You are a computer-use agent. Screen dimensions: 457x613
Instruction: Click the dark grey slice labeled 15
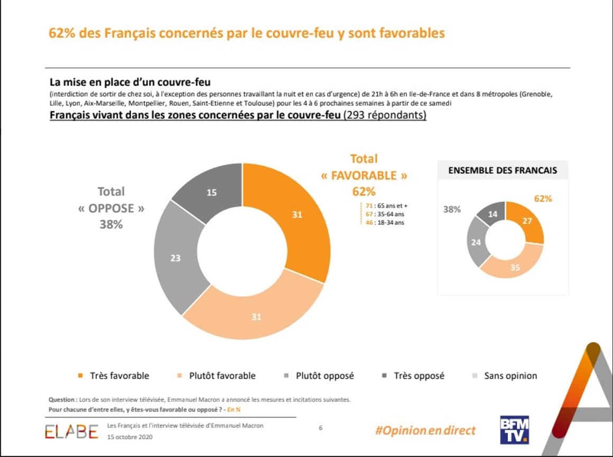pos(211,193)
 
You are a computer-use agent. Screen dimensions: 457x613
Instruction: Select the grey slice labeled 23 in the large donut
pos(175,258)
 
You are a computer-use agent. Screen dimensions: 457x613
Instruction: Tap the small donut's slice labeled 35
pos(515,268)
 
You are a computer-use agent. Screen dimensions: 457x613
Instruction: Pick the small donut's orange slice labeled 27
pos(527,221)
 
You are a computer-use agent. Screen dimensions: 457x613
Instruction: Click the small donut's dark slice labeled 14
pos(492,214)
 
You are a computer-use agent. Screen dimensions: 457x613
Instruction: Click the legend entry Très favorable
pos(113,376)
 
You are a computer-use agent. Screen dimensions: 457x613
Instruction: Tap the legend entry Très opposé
pos(413,376)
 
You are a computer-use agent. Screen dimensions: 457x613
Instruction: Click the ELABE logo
pos(71,432)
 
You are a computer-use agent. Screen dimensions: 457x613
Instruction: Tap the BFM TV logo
pos(514,430)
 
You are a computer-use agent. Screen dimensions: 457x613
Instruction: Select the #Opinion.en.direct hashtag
pos(425,430)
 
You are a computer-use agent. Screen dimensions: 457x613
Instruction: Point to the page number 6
pos(320,427)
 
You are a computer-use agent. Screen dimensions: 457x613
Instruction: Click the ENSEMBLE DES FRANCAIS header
pos(502,170)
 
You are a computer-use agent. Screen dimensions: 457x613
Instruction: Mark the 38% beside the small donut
pos(451,209)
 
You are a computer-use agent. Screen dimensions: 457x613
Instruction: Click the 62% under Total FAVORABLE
pos(364,191)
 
